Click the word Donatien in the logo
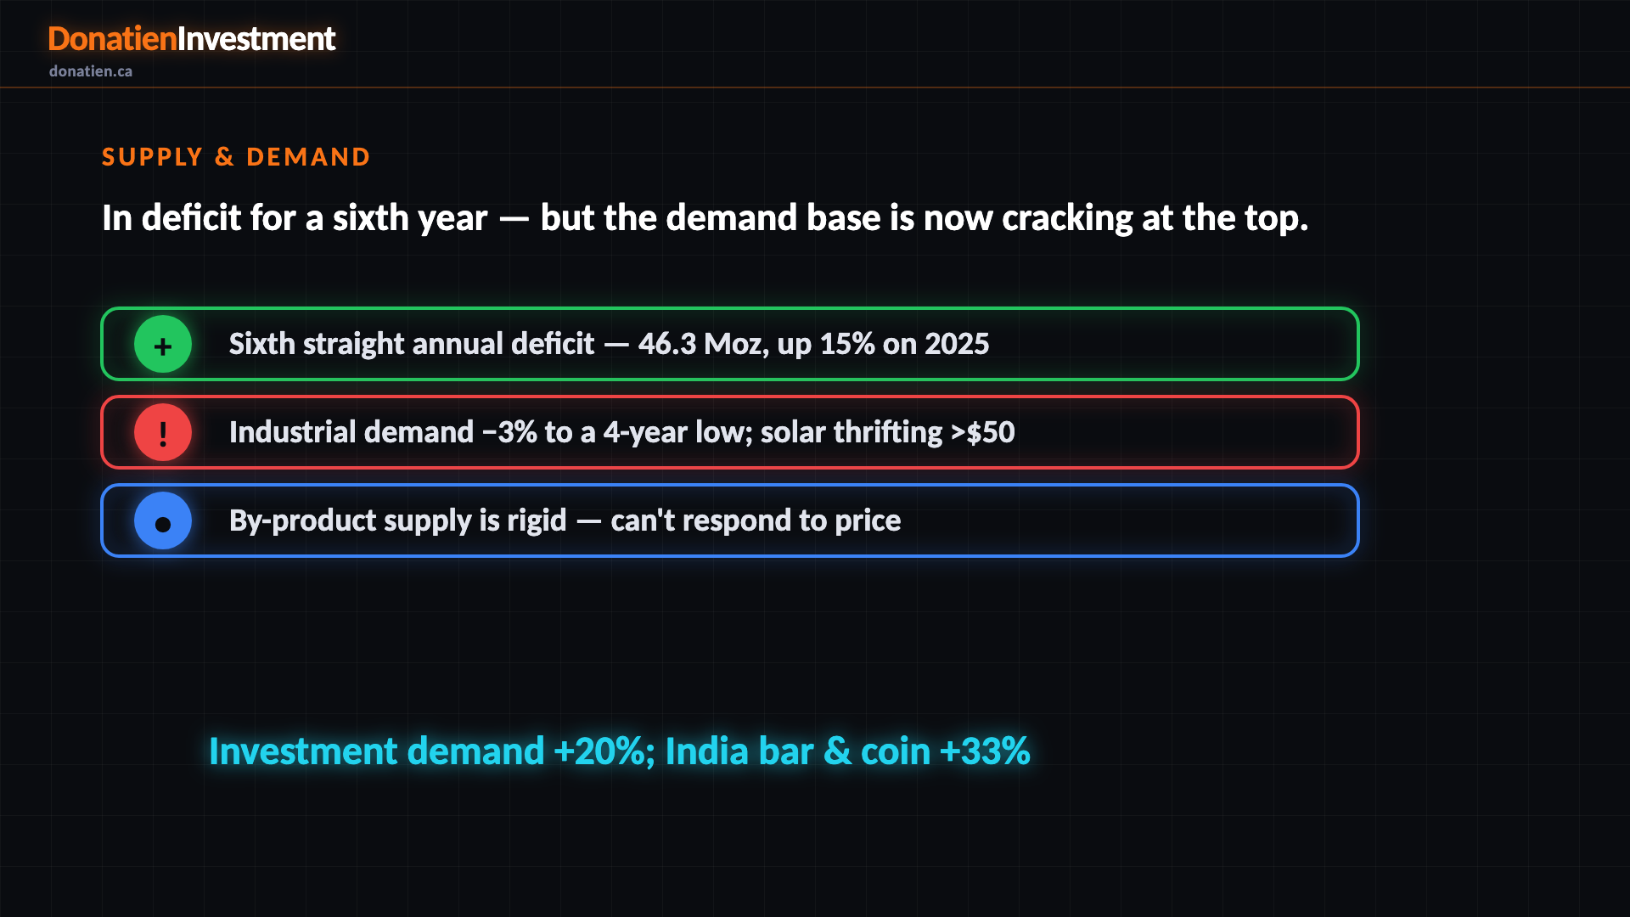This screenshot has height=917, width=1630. [x=112, y=39]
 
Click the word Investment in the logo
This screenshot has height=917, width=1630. [x=256, y=39]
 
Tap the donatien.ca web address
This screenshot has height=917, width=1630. [x=91, y=71]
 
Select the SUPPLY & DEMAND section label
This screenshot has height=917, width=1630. [x=236, y=157]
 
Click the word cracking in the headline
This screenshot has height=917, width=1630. [x=1067, y=219]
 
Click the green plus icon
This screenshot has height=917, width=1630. [x=163, y=344]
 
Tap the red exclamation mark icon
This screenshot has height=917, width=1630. [x=163, y=432]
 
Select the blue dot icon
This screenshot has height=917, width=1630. [x=163, y=520]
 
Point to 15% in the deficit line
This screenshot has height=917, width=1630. [x=846, y=344]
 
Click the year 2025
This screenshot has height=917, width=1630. [x=957, y=344]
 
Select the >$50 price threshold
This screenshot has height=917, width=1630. [x=983, y=432]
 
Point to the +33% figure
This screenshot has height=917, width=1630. [x=986, y=751]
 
